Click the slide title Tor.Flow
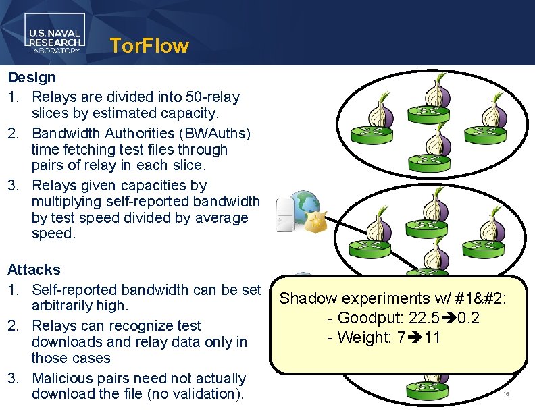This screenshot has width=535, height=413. pos(149,46)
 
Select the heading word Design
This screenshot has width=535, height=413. pos(32,78)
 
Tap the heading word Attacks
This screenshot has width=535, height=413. pos(34,270)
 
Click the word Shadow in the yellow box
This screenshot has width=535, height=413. pos(305,298)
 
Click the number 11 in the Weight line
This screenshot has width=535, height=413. pos(432,337)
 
